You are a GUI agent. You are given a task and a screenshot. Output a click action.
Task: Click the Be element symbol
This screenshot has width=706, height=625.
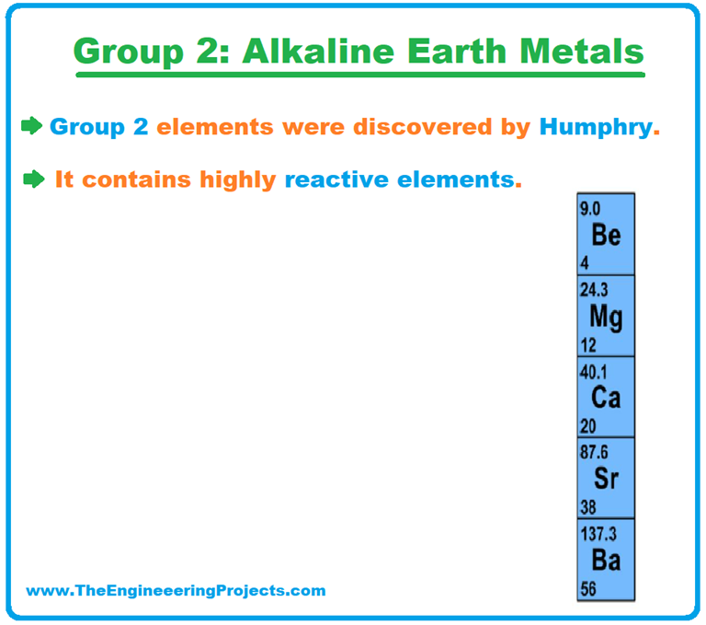click(x=606, y=236)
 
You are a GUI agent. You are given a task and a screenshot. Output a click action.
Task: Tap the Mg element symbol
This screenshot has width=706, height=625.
click(x=606, y=318)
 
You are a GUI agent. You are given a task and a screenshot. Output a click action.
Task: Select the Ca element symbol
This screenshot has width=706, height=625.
click(x=606, y=398)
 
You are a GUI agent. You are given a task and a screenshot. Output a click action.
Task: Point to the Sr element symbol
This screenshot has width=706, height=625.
click(x=606, y=479)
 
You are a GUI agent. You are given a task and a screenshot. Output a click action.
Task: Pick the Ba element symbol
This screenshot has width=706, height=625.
click(x=606, y=560)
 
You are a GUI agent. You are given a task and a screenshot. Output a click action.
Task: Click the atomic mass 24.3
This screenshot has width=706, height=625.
click(x=593, y=289)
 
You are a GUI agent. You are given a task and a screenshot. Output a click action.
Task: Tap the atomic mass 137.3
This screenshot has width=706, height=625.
click(x=598, y=533)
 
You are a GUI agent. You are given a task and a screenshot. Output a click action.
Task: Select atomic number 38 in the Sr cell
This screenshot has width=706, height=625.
click(x=587, y=507)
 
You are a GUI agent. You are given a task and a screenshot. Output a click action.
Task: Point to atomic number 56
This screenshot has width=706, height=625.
click(x=587, y=588)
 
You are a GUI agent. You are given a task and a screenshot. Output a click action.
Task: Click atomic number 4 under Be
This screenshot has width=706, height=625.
click(x=584, y=263)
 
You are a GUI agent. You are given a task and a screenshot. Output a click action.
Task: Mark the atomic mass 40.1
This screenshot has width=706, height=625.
click(x=593, y=370)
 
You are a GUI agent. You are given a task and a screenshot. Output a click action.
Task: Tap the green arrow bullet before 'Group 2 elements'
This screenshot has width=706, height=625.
click(x=32, y=126)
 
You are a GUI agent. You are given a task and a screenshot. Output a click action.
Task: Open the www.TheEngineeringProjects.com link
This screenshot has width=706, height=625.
click(x=176, y=591)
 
